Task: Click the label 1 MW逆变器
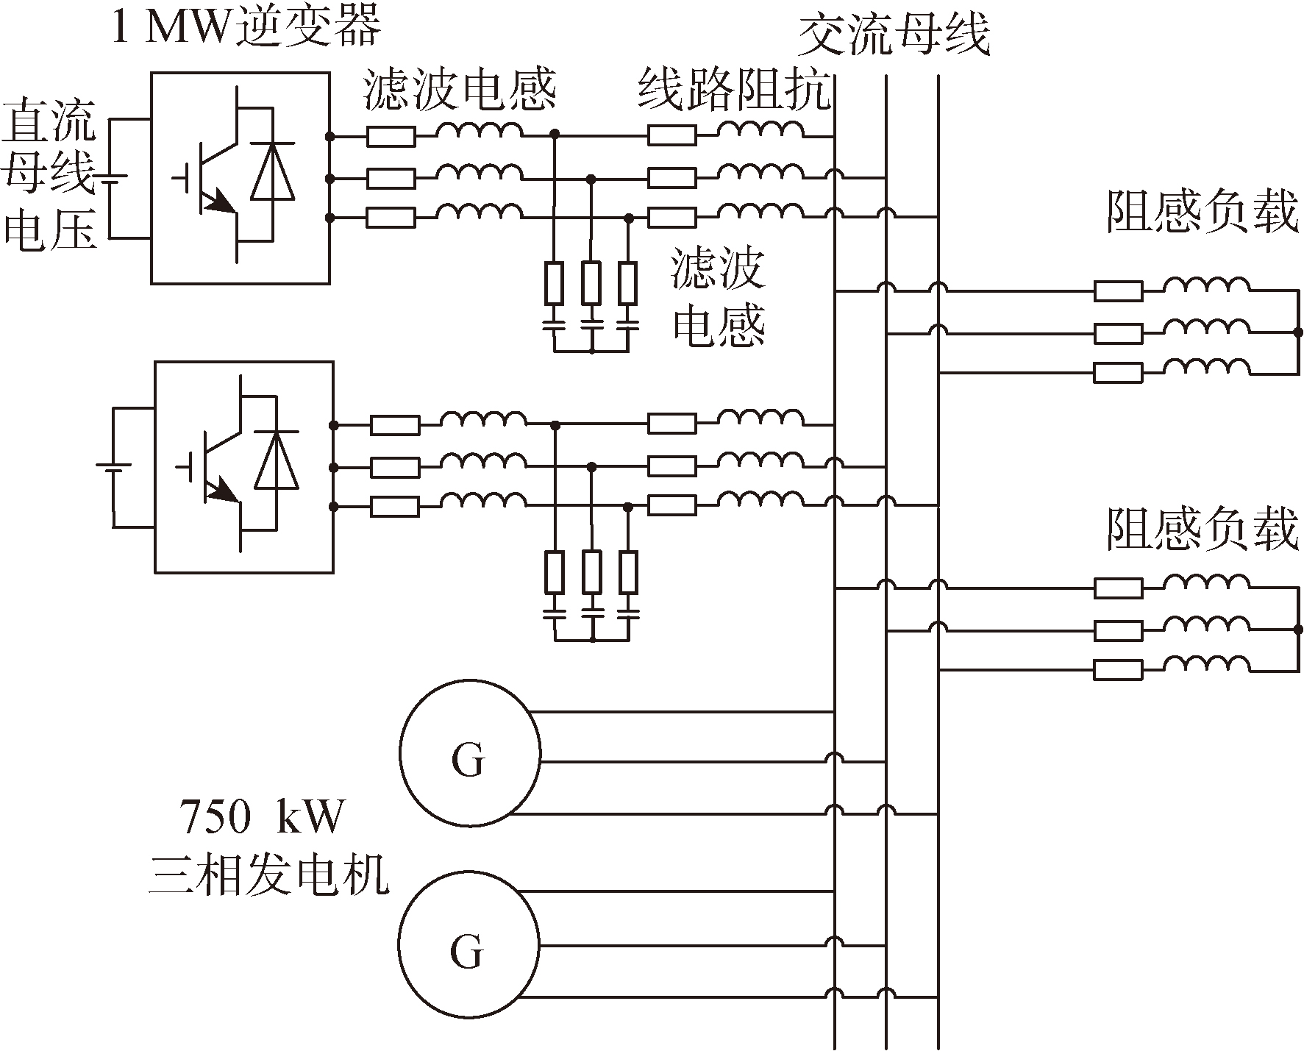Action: pyautogui.click(x=246, y=28)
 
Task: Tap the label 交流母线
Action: pyautogui.click(x=893, y=35)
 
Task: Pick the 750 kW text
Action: pyautogui.click(x=262, y=817)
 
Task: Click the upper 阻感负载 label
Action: pyautogui.click(x=1203, y=213)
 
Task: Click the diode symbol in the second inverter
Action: pyautogui.click(x=277, y=461)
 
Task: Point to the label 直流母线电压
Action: pyautogui.click(x=50, y=177)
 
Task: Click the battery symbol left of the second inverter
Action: pyautogui.click(x=113, y=468)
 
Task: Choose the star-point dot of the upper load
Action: pyautogui.click(x=1298, y=332)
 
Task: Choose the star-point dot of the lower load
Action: pyautogui.click(x=1298, y=630)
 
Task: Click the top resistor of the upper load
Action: pyautogui.click(x=1118, y=291)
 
